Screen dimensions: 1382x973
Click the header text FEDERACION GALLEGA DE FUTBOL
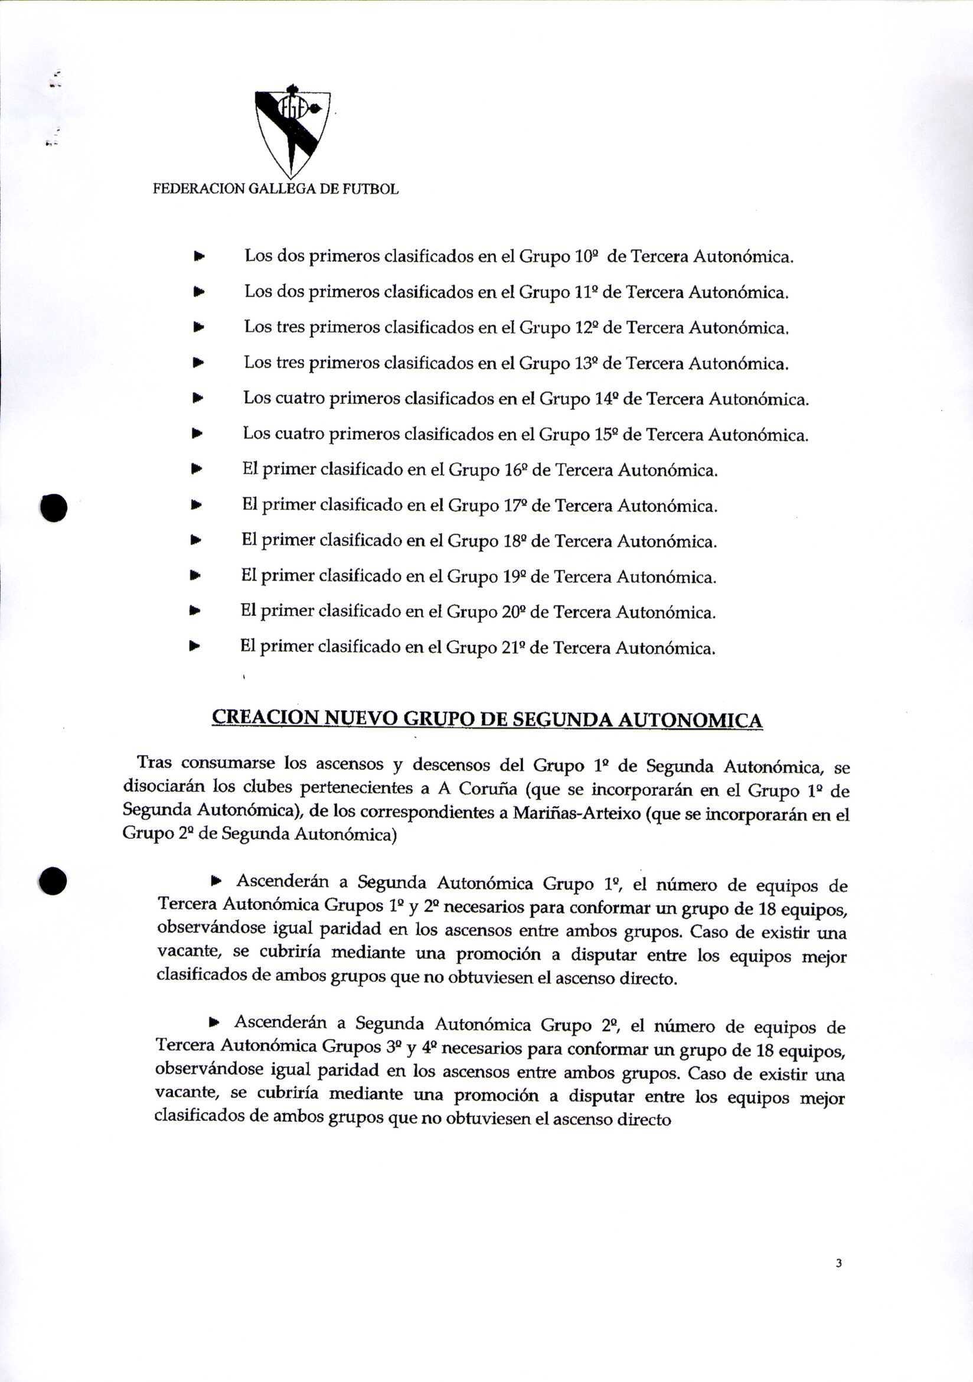coord(275,189)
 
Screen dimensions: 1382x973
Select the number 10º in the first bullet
coord(586,257)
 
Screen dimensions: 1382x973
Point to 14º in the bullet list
coord(606,399)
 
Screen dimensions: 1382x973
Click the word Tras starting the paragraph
coord(155,762)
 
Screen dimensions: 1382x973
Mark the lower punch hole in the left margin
coord(53,881)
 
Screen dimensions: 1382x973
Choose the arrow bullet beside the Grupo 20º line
coord(194,611)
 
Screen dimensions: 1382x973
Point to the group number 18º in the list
coord(514,541)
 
